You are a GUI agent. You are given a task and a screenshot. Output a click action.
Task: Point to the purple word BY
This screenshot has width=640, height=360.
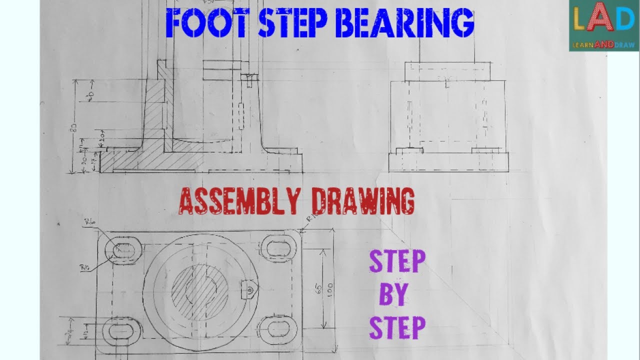[393, 295]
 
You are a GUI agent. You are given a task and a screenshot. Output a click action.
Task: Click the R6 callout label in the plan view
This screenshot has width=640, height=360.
[90, 220]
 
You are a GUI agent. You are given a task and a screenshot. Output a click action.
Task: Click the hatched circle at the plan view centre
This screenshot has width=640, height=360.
[200, 289]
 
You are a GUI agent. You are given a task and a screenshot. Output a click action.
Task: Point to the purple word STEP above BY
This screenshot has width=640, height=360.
[397, 262]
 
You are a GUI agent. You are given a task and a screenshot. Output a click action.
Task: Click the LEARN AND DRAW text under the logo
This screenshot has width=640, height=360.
[603, 45]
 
